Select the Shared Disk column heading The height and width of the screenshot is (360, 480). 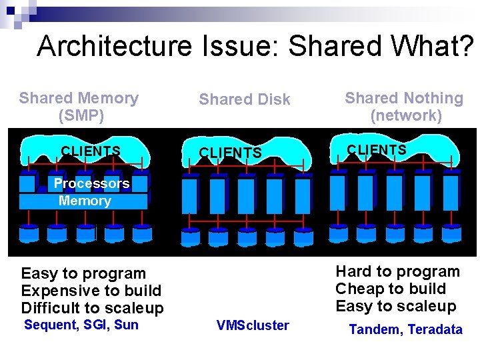pos(245,99)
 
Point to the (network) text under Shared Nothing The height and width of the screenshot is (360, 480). pos(406,115)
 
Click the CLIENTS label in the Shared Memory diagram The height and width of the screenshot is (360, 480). pos(91,151)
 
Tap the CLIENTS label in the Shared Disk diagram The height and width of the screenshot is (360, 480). pos(231,153)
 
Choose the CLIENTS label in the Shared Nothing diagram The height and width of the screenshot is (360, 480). pos(377,150)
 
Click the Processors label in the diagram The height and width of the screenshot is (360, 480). pos(91,183)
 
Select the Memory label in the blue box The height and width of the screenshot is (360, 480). pos(85,201)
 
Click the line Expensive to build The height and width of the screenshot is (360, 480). pos(91,291)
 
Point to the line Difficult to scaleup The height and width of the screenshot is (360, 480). pos(92,308)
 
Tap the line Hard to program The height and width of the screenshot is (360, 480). pos(397,271)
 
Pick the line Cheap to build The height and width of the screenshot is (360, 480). pos(391,289)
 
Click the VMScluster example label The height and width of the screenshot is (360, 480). pos(253,325)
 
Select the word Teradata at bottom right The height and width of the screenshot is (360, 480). pos(435,329)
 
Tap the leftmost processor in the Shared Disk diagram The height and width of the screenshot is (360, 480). pos(190,193)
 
